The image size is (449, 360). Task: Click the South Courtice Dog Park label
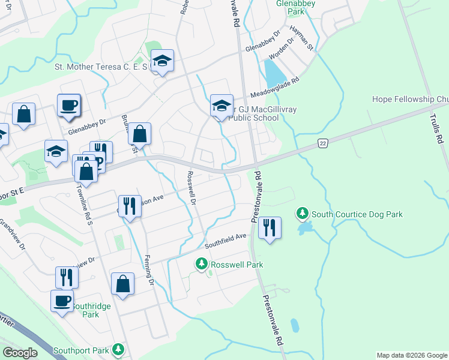pos(357,214)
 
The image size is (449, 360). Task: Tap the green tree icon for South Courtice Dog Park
pos(302,213)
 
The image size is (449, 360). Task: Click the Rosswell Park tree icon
pos(202,263)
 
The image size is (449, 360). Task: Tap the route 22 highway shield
pos(323,143)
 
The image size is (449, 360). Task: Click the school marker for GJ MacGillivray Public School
pos(221,106)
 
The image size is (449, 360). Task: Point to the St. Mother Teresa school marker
pos(162,60)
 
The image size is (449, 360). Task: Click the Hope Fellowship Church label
pos(410,99)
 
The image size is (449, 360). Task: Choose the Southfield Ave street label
pos(226,241)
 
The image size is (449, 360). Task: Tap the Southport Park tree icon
pos(119,349)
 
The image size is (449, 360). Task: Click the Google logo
pos(20,353)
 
